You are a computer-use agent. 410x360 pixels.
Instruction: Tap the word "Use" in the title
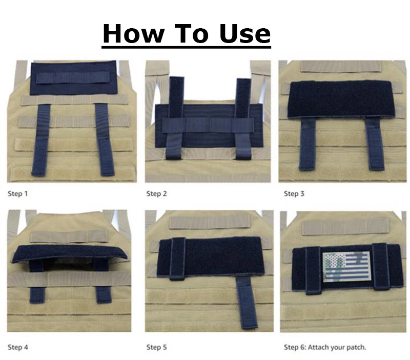coord(245,33)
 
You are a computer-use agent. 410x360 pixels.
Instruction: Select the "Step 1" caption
coord(17,194)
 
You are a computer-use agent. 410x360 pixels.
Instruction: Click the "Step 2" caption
coord(156,194)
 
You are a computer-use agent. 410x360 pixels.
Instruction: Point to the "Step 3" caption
coord(294,194)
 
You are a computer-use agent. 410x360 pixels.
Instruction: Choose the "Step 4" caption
coord(17,347)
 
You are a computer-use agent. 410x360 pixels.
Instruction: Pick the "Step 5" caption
coord(156,347)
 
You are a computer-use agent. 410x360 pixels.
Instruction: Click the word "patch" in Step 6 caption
coord(356,348)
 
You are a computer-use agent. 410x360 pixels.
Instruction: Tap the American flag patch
coord(346,267)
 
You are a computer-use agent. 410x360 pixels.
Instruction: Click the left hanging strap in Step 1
coord(40,140)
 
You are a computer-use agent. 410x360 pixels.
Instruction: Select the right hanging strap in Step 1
coord(105,140)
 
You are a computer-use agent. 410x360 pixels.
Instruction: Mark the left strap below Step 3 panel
coord(308,144)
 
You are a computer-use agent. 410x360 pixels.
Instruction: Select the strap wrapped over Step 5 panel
coord(177,259)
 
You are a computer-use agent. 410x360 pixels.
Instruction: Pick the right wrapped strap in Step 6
coord(381,267)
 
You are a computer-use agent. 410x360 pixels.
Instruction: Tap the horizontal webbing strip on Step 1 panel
coord(73,78)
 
